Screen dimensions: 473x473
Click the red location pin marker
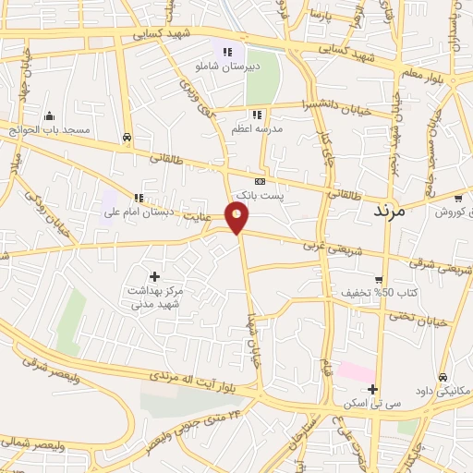pyautogui.click(x=237, y=218)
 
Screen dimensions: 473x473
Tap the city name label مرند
pyautogui.click(x=387, y=211)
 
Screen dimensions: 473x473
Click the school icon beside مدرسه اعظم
pyautogui.click(x=257, y=115)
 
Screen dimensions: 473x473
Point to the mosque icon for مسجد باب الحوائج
pyautogui.click(x=49, y=115)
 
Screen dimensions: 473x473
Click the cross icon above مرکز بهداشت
pyautogui.click(x=153, y=276)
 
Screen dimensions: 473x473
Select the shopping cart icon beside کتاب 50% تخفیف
pyautogui.click(x=379, y=281)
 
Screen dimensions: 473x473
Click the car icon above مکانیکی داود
pyautogui.click(x=444, y=377)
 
